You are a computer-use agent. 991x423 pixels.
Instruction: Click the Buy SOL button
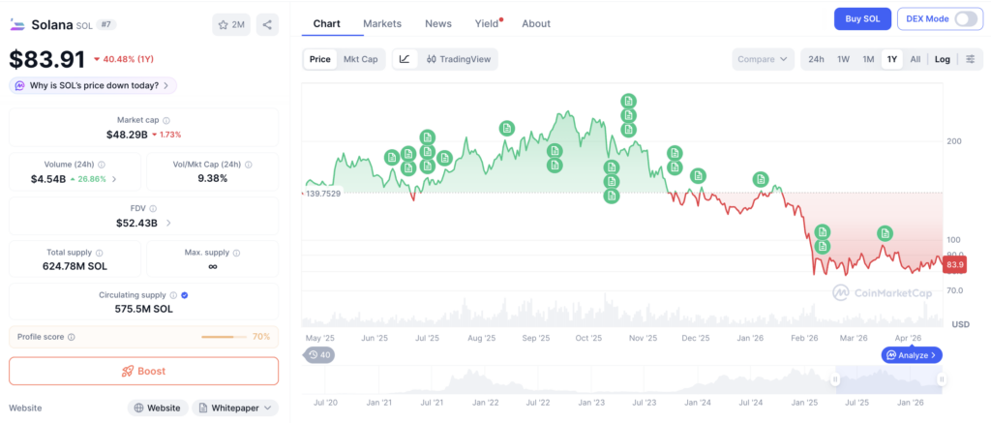pos(862,19)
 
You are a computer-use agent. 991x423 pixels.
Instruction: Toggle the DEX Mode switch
pos(966,19)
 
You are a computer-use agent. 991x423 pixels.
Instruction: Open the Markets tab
pos(382,23)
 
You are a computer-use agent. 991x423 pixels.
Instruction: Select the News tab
pos(438,23)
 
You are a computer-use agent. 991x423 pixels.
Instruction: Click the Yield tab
pos(488,23)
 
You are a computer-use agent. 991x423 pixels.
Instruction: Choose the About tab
pos(536,23)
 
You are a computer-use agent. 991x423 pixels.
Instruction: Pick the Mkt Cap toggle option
pos(360,59)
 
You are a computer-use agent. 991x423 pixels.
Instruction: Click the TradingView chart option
pos(458,59)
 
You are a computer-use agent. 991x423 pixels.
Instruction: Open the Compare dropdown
pos(764,59)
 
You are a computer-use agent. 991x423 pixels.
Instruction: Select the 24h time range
pos(816,59)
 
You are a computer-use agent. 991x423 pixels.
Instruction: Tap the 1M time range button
pos(868,59)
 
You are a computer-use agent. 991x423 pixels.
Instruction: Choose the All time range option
pos(916,59)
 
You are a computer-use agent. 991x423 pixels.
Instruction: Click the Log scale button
pos(943,59)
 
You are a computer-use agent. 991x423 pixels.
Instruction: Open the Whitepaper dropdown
pos(235,408)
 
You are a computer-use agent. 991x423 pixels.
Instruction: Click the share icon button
pos(267,24)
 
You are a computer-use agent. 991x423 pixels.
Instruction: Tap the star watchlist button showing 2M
pos(231,24)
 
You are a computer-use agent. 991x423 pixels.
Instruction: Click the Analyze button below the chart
pos(912,355)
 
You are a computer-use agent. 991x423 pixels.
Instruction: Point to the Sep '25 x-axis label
pos(536,338)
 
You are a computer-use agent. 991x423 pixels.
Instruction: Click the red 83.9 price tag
pos(954,265)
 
